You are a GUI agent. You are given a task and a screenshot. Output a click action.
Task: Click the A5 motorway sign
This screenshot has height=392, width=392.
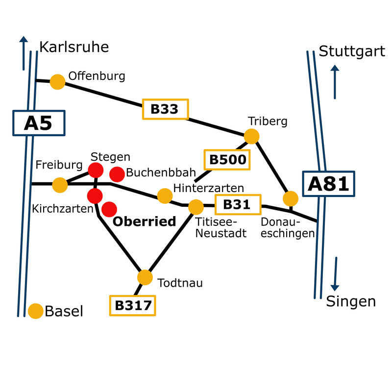click(x=38, y=123)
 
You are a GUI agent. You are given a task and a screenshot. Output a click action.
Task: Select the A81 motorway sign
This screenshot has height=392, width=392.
click(x=328, y=184)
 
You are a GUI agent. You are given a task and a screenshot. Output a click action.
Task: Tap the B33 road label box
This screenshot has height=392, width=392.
click(x=165, y=109)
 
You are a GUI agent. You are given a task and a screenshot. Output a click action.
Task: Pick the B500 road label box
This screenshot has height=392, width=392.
click(x=227, y=159)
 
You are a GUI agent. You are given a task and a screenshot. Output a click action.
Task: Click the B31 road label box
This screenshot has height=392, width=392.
click(x=237, y=204)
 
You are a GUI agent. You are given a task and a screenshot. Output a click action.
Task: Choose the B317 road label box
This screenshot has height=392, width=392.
click(x=132, y=305)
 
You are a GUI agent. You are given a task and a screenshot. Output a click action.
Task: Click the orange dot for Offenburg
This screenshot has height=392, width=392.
click(x=58, y=82)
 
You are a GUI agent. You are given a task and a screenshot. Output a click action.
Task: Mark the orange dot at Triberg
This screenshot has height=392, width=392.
click(x=251, y=136)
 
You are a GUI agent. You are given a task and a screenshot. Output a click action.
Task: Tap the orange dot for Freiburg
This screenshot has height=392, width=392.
click(x=60, y=185)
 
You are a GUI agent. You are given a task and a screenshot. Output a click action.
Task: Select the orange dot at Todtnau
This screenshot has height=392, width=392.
click(x=145, y=277)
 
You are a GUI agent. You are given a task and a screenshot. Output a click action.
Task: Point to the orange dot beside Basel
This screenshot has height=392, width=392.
click(x=35, y=311)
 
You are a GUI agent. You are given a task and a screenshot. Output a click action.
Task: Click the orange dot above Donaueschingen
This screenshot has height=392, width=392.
click(x=291, y=198)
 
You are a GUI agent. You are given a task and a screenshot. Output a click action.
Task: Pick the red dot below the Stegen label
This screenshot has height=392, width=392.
click(x=96, y=171)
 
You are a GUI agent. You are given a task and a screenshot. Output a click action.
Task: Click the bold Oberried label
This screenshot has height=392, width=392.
click(x=145, y=221)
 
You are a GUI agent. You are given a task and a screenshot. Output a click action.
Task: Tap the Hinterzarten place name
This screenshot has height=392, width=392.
click(x=209, y=188)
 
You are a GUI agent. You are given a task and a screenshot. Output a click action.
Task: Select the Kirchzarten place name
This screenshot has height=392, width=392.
click(x=62, y=209)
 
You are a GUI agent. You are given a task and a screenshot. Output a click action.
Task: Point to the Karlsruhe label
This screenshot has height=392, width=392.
click(x=73, y=47)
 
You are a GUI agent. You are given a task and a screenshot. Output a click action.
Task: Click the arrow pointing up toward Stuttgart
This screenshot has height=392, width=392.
click(x=335, y=81)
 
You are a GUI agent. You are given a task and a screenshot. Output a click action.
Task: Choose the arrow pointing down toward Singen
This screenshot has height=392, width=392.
click(x=335, y=274)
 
